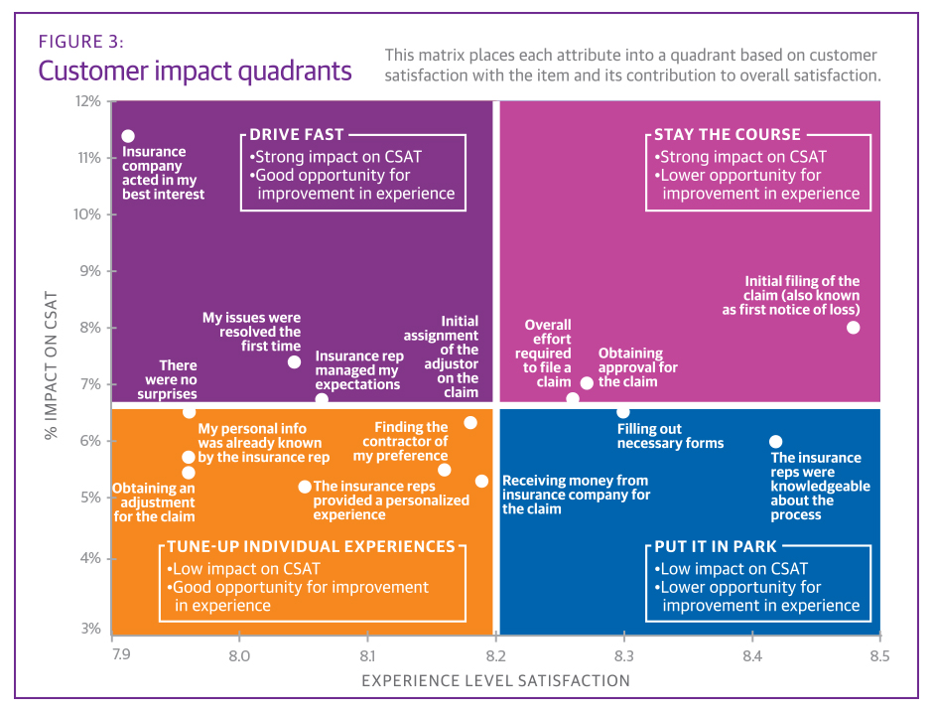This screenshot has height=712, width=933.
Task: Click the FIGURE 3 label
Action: pos(81,42)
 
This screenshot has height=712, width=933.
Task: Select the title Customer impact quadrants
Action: pos(195,71)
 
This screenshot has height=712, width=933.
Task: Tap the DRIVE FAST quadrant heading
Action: pos(296,135)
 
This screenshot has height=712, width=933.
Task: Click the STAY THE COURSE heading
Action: pos(728,135)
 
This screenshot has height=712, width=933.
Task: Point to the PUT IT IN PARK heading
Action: pos(716,547)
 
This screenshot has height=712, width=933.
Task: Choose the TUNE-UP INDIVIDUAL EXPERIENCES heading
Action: pos(311,547)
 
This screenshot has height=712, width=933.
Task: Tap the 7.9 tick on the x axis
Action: pos(115,655)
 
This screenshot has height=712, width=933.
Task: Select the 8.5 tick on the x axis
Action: pos(879,655)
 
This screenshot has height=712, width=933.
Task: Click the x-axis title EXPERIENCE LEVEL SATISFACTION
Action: pos(495,681)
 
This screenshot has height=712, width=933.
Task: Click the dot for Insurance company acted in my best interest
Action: pos(128,136)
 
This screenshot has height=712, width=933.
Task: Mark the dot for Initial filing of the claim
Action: pos(854,328)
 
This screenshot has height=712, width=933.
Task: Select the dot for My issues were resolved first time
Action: pos(294,361)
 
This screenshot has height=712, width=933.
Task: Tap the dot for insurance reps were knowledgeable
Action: pos(776,442)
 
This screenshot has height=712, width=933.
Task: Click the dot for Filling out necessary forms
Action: pos(623,412)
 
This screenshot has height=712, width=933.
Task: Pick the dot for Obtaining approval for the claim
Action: pos(587,383)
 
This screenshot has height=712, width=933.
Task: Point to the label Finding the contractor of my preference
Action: pos(400,442)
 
